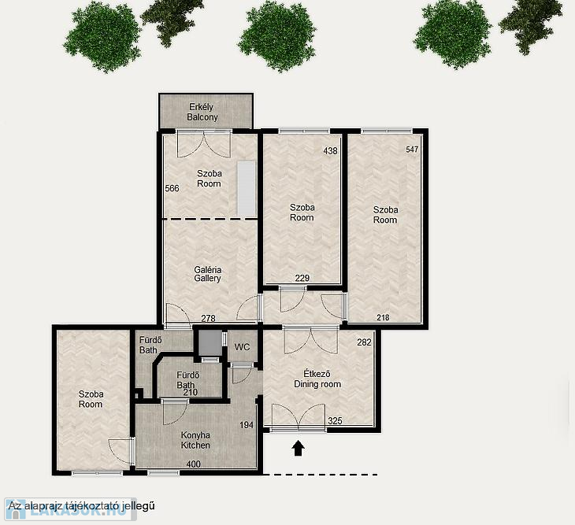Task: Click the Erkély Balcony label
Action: coord(202,112)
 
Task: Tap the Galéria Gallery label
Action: coord(208,274)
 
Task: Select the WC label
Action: coord(242,347)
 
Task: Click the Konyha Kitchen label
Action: coord(195,440)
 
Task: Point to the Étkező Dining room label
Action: coord(317,379)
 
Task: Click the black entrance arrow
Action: coord(299,448)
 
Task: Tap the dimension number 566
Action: coord(172,188)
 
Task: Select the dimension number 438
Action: coord(330,150)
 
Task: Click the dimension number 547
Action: coord(412,149)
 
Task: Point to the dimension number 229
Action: coord(302,278)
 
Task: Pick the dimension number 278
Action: coord(208,318)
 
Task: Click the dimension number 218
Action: coord(384,317)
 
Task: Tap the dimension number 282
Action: coord(364,342)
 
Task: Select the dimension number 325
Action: coord(335,421)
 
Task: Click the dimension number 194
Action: coord(247,425)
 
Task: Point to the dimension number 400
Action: coord(193,464)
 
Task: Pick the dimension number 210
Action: coord(191,393)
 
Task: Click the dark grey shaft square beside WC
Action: coord(210,343)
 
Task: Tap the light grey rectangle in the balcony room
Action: coord(247,189)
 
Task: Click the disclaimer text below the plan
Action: coord(81,506)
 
